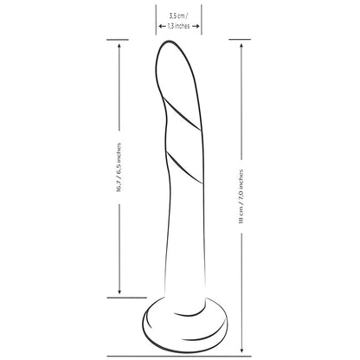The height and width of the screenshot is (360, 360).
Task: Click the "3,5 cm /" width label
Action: [178, 16]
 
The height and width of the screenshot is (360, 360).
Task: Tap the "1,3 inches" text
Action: [178, 26]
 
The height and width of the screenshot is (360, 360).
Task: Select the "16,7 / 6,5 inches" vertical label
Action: [119, 168]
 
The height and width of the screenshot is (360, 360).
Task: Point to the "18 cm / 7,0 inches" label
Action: [241, 196]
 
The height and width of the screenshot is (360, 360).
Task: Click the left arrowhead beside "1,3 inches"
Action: [160, 26]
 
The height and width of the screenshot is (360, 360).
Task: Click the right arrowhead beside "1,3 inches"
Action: [197, 26]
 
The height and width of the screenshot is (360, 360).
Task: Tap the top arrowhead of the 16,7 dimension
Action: [119, 46]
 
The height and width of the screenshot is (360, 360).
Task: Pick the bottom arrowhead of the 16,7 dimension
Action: [119, 292]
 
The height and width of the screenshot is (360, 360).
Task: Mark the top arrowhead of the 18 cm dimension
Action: [241, 46]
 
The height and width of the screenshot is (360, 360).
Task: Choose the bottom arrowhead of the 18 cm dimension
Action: [241, 350]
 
